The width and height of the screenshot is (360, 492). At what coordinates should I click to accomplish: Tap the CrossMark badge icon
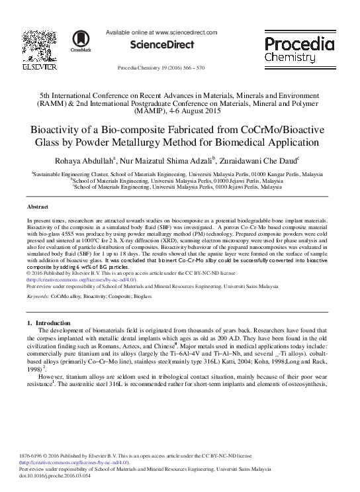[x=76, y=42]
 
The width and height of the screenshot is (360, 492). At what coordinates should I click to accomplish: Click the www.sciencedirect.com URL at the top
[x=186, y=32]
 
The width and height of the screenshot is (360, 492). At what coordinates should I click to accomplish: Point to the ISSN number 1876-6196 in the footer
[x=38, y=456]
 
